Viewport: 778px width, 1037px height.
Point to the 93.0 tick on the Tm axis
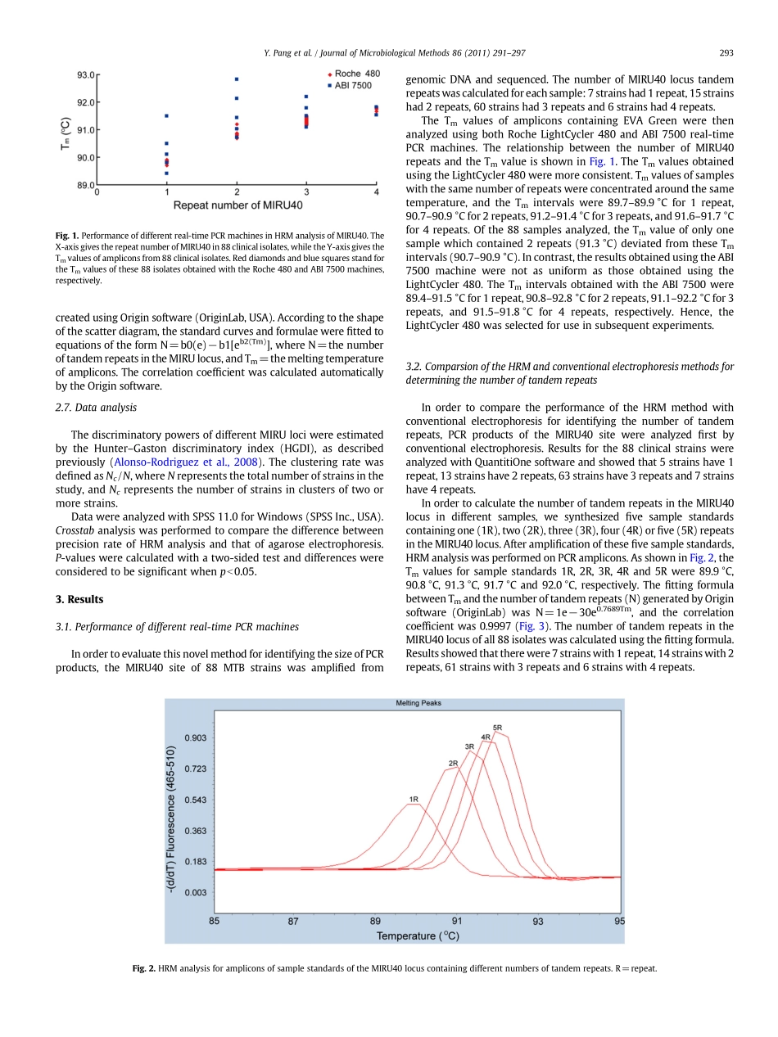[84, 75]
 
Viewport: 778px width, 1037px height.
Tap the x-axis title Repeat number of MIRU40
[237, 204]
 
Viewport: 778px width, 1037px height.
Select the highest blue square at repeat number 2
[237, 79]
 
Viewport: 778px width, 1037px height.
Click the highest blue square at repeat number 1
[167, 116]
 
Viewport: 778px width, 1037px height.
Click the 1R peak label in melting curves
[414, 799]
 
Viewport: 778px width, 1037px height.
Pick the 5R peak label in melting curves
[497, 727]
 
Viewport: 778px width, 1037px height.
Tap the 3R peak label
[469, 746]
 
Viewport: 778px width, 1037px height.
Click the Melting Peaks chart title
[418, 703]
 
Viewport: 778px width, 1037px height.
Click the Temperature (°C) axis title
[418, 936]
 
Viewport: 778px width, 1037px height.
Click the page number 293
[726, 53]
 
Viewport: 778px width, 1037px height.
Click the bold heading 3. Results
[79, 599]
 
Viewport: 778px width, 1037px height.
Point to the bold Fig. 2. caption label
[144, 968]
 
